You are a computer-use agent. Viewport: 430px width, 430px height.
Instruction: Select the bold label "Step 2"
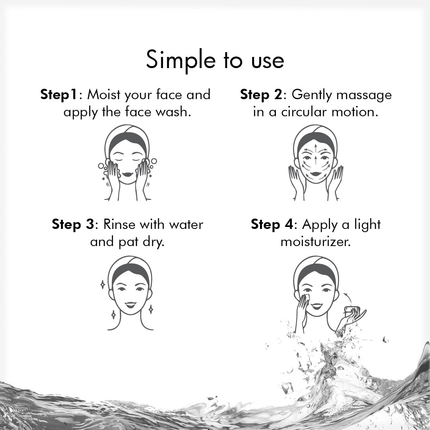pos(261,95)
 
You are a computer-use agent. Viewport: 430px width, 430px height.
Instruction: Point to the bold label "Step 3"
pos(73,224)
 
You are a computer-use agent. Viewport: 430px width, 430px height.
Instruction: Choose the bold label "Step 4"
pos(272,224)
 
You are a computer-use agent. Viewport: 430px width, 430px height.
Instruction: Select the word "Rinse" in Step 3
pos(119,224)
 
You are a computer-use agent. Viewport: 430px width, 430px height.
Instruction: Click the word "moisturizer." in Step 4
pos(316,242)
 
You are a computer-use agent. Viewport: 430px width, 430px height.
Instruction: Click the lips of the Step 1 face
pos(127,174)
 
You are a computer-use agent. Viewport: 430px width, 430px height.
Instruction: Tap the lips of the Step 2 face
pos(316,174)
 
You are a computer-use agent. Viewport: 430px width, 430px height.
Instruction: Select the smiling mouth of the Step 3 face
pos(130,305)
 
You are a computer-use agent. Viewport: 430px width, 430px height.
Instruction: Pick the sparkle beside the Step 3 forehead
pos(103,285)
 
